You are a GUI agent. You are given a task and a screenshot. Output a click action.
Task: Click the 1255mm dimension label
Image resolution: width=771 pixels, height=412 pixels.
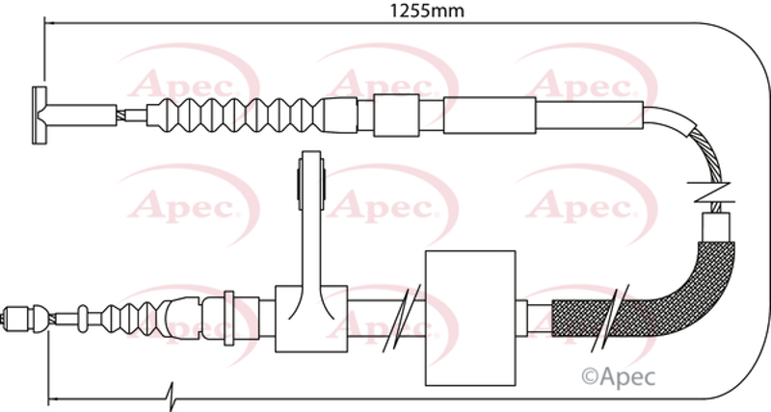(427, 11)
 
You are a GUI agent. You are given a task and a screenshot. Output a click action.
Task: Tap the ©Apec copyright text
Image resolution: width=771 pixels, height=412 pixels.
(619, 377)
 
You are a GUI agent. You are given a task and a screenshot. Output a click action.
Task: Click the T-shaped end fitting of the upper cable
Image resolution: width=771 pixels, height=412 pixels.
(40, 116)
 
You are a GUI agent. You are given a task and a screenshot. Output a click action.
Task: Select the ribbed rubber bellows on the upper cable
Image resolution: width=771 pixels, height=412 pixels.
(236, 116)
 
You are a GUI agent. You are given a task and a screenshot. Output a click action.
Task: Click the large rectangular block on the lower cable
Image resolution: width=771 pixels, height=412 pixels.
(470, 318)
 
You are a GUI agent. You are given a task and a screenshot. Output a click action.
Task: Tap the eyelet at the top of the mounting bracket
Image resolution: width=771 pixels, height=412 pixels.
(311, 181)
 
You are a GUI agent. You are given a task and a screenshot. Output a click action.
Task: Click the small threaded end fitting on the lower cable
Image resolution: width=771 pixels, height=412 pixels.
(18, 319)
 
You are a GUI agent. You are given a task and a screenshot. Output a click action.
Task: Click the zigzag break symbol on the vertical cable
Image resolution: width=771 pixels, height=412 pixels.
(709, 193)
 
